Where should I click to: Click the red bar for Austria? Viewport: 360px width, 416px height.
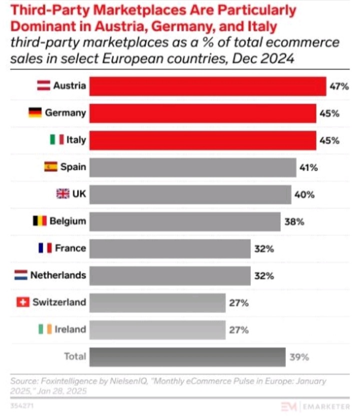tap(207, 86)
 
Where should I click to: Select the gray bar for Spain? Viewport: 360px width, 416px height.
tap(192, 167)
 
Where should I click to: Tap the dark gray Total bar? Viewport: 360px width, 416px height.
tap(187, 357)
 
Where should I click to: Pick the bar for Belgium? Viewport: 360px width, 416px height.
tap(184, 221)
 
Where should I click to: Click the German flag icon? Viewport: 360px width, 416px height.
tap(34, 113)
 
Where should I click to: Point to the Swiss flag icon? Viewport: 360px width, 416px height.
tap(23, 302)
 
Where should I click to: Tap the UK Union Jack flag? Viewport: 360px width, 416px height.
tap(62, 194)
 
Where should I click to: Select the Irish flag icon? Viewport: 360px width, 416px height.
tap(44, 329)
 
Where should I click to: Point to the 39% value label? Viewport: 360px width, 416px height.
tap(299, 357)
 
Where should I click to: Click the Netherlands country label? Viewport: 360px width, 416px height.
tap(58, 275)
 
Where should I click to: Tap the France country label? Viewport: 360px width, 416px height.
tap(70, 248)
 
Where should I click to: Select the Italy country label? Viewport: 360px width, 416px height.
tap(76, 140)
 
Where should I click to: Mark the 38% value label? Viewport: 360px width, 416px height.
tap(294, 222)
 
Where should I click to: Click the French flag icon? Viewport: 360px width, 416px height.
tap(45, 248)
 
